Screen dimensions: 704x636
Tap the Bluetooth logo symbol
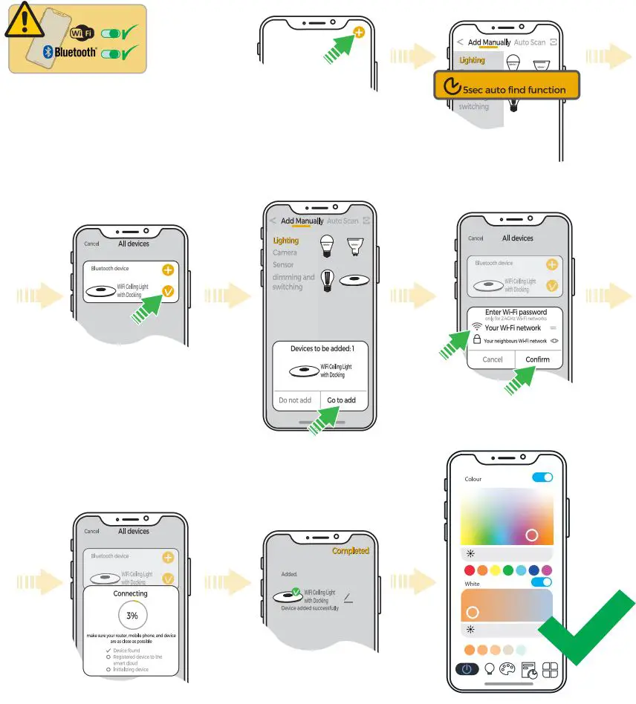point(47,52)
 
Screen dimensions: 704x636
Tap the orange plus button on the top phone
point(360,33)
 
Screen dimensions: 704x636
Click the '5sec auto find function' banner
point(506,87)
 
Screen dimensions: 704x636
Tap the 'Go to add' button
point(341,400)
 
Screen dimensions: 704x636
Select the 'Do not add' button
point(295,400)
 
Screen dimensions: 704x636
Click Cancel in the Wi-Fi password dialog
point(493,359)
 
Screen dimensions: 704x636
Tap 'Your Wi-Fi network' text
point(513,327)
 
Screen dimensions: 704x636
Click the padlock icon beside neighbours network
point(477,340)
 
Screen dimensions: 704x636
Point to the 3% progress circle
point(132,616)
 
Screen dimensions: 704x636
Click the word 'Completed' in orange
point(350,551)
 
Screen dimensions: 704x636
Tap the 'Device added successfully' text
point(310,608)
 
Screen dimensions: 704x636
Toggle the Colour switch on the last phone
point(542,478)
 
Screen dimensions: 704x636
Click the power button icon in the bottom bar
point(467,668)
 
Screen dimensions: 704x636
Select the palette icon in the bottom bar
point(509,668)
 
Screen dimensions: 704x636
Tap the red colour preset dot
point(469,571)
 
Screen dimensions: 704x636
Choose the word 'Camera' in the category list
point(285,252)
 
